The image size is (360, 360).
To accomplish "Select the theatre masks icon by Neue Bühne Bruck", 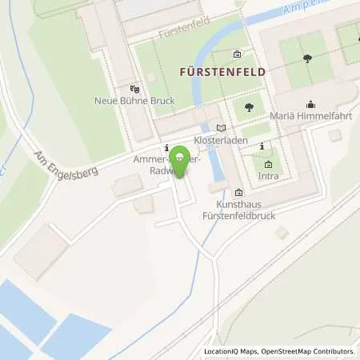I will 134,90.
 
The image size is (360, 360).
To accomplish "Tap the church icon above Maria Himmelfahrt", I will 310,104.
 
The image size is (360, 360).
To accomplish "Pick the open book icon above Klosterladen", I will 222,127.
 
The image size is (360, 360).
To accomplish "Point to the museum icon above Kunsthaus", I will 239,192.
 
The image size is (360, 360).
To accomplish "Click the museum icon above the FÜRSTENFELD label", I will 238,54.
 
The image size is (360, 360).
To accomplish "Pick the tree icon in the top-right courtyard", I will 308,58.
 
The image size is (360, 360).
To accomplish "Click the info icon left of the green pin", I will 166,148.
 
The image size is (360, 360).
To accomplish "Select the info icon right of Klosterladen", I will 261,145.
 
